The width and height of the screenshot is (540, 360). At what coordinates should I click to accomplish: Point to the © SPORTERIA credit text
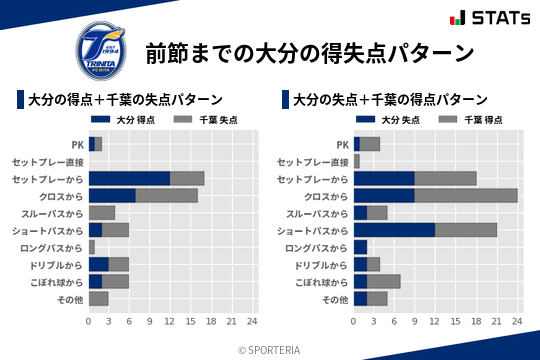click(x=270, y=350)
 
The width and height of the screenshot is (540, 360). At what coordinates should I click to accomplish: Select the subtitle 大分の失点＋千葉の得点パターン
click(x=390, y=100)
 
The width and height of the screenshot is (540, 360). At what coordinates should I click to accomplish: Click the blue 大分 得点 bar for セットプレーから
click(x=129, y=178)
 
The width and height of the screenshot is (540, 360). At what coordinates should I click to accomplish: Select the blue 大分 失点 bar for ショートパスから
click(x=394, y=230)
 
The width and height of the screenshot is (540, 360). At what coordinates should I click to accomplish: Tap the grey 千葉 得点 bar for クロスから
click(x=466, y=195)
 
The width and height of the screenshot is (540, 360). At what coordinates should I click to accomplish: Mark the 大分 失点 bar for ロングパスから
click(x=360, y=247)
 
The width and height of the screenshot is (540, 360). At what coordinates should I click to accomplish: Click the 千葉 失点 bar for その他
click(x=98, y=298)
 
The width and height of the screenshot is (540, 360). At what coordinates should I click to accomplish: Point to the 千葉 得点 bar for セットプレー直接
click(x=356, y=161)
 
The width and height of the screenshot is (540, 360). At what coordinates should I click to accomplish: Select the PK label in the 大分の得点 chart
click(x=77, y=144)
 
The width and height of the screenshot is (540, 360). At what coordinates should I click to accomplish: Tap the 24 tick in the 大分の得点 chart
click(x=252, y=321)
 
